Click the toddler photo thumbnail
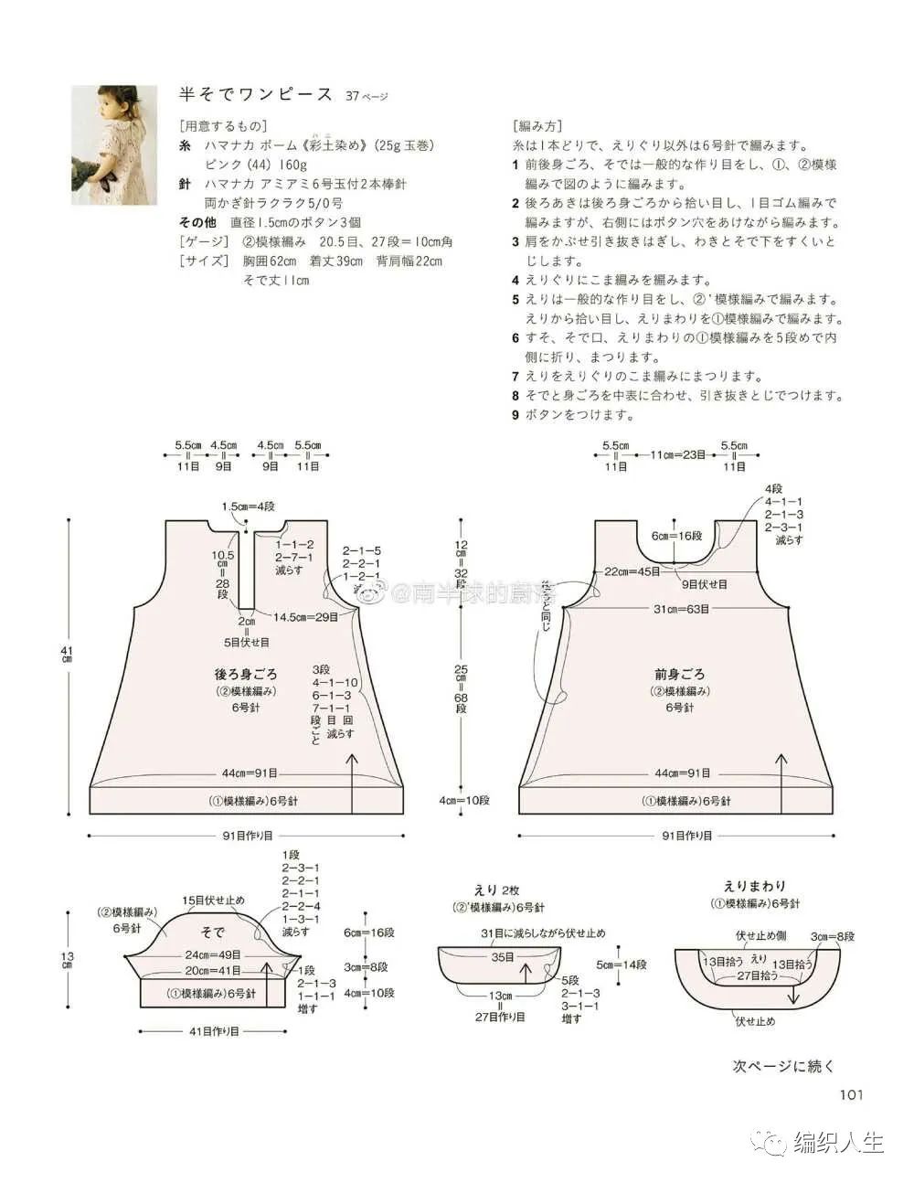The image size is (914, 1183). [110, 133]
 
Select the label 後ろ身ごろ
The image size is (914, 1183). [246, 675]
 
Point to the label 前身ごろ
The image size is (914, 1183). [679, 675]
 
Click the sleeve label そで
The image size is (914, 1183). [212, 933]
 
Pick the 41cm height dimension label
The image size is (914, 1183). [66, 654]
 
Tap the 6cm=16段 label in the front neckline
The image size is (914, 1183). [676, 536]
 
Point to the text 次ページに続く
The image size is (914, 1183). [784, 1065]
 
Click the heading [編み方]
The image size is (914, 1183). [538, 126]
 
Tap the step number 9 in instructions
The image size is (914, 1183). [515, 414]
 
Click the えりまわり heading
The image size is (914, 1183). [754, 886]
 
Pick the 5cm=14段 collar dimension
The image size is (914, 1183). [622, 965]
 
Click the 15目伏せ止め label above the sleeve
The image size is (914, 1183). [213, 901]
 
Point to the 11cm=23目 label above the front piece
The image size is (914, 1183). [677, 453]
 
